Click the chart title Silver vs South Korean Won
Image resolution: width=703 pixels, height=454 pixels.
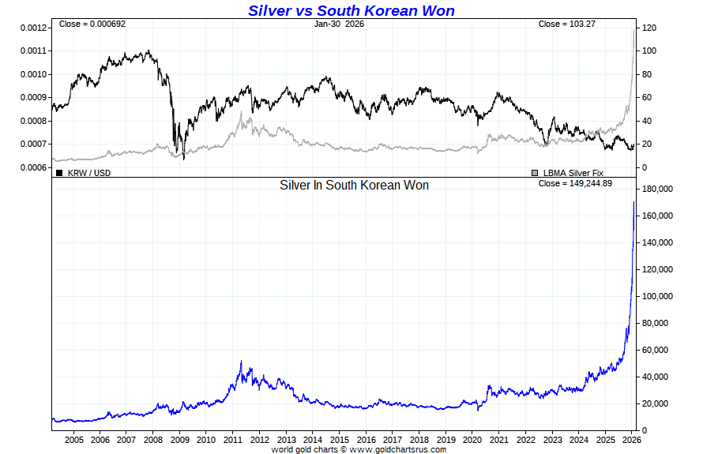(351, 10)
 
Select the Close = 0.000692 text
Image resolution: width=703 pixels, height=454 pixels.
(92, 24)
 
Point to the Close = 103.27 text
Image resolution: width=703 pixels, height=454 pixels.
(566, 24)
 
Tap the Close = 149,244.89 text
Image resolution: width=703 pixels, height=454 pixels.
(576, 183)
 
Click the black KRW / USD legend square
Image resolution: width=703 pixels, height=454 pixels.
(58, 172)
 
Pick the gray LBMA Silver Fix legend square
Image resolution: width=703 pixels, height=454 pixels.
(535, 172)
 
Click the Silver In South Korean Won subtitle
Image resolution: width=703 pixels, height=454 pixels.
(354, 185)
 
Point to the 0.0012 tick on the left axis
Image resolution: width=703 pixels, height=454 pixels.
(34, 28)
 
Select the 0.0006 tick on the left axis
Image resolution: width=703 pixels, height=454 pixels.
(34, 167)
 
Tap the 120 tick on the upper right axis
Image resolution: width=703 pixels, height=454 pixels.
(649, 28)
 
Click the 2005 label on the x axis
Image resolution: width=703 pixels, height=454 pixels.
(73, 439)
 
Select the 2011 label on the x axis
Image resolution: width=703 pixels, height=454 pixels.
(233, 439)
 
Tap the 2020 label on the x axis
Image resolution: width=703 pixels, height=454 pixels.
(472, 439)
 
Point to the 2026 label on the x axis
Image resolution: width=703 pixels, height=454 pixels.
(632, 439)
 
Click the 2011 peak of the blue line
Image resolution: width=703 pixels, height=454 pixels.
(241, 362)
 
